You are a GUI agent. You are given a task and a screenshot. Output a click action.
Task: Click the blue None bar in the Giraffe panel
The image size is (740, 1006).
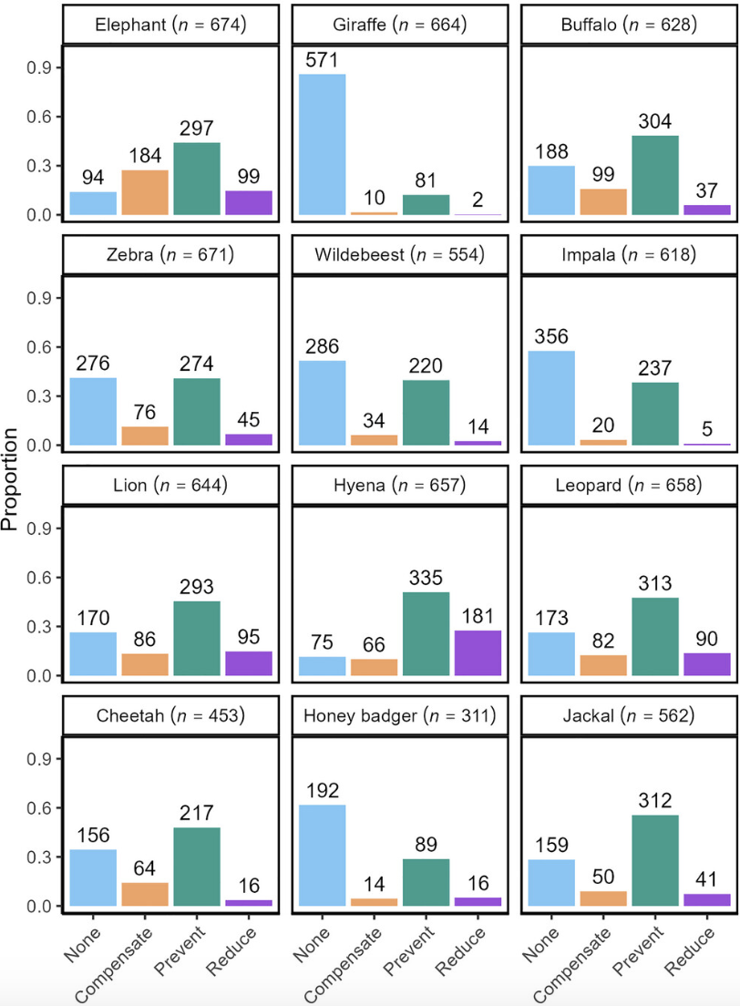coord(323,145)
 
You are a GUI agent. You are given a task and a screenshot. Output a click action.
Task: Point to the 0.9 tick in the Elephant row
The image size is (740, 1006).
coord(40,68)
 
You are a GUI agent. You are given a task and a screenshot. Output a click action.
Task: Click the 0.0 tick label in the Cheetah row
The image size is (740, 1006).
coord(40,906)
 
